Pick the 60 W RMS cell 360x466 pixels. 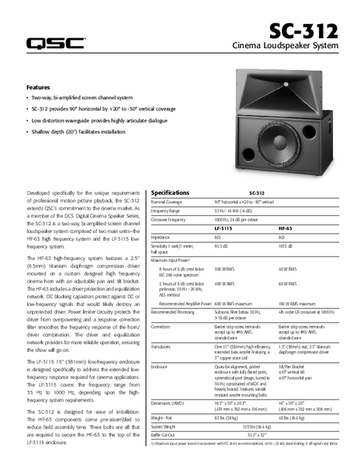pos(288,285)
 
